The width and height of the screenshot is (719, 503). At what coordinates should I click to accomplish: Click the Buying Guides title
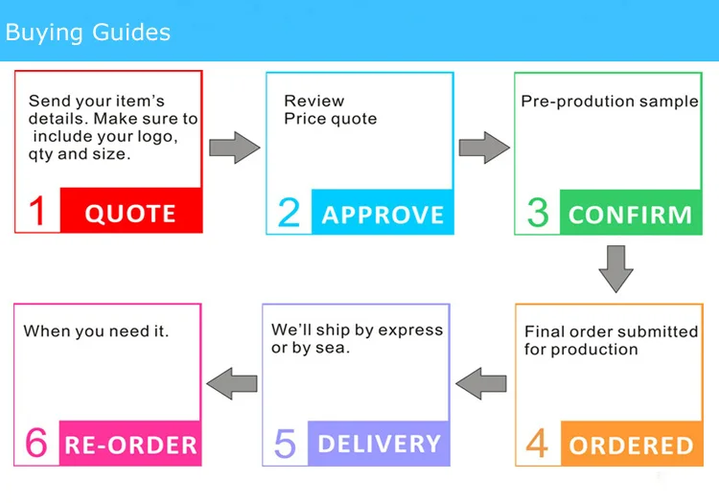(87, 33)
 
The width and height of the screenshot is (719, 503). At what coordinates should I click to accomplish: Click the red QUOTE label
(130, 213)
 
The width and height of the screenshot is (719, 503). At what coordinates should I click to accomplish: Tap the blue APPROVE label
(383, 214)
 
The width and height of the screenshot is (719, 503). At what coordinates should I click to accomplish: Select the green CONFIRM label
(630, 214)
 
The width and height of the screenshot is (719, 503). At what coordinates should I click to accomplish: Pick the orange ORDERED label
(631, 446)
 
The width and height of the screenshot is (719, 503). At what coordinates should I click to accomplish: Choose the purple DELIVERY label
(379, 444)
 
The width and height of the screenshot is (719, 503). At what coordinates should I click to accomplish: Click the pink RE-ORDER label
(130, 445)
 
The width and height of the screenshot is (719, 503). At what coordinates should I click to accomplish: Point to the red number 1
(37, 212)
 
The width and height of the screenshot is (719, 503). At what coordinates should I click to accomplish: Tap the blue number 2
(289, 213)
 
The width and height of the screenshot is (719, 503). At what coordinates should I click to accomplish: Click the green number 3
(538, 213)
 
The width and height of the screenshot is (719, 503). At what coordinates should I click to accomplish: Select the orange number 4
(537, 445)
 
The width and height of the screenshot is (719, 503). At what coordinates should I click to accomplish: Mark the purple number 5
(285, 444)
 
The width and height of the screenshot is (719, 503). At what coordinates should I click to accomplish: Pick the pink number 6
(36, 444)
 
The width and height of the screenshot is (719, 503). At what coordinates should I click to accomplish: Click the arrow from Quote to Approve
(234, 149)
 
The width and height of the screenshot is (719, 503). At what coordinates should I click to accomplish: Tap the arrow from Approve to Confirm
(483, 148)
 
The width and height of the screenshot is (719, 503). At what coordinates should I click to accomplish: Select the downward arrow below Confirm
(616, 268)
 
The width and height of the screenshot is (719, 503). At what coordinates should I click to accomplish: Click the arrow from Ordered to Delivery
(481, 383)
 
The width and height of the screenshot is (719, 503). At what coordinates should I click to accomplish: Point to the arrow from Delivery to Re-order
(233, 383)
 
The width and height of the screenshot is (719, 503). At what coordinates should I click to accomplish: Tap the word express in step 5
(411, 330)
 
